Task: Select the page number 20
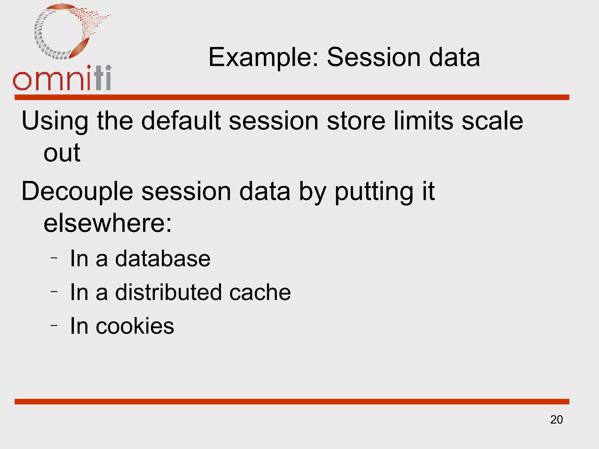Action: [556, 420]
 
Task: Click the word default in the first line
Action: [181, 121]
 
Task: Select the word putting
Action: [374, 192]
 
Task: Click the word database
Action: [163, 258]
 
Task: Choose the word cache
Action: [260, 292]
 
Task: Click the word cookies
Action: [135, 326]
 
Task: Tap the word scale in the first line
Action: [492, 121]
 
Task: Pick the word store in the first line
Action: [356, 121]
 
